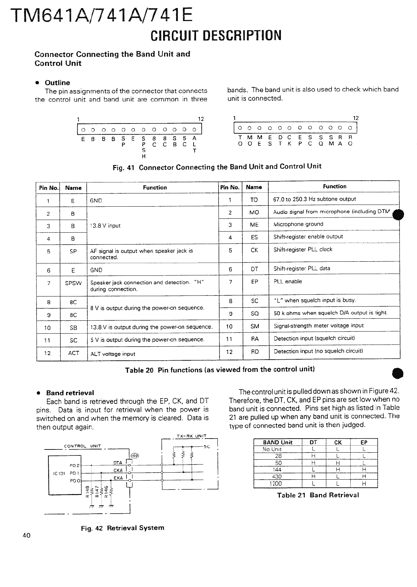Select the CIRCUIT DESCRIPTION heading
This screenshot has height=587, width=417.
pyautogui.click(x=216, y=35)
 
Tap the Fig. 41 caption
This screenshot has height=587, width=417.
pyautogui.click(x=217, y=167)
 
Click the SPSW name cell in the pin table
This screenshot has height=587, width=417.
pyautogui.click(x=73, y=282)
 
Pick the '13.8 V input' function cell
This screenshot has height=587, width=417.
pyautogui.click(x=105, y=226)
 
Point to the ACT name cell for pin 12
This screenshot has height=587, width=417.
pyautogui.click(x=74, y=353)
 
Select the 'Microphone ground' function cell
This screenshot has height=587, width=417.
pyautogui.click(x=298, y=224)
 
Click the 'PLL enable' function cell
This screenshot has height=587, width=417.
pyautogui.click(x=288, y=281)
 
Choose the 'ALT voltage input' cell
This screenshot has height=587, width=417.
pyautogui.click(x=113, y=354)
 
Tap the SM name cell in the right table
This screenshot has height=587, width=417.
pyautogui.click(x=255, y=326)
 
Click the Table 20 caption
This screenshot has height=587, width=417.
pyautogui.click(x=220, y=369)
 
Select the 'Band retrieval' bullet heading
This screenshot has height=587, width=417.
pyautogui.click(x=70, y=393)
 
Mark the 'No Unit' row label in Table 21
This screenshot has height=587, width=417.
pyautogui.click(x=272, y=449)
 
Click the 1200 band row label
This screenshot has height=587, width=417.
pyautogui.click(x=275, y=483)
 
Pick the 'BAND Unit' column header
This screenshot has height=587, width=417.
pyautogui.click(x=277, y=442)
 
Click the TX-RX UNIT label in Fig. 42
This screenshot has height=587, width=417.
pyautogui.click(x=191, y=436)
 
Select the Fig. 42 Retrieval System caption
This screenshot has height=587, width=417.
pyautogui.click(x=122, y=528)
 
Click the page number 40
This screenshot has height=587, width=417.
pyautogui.click(x=26, y=535)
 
